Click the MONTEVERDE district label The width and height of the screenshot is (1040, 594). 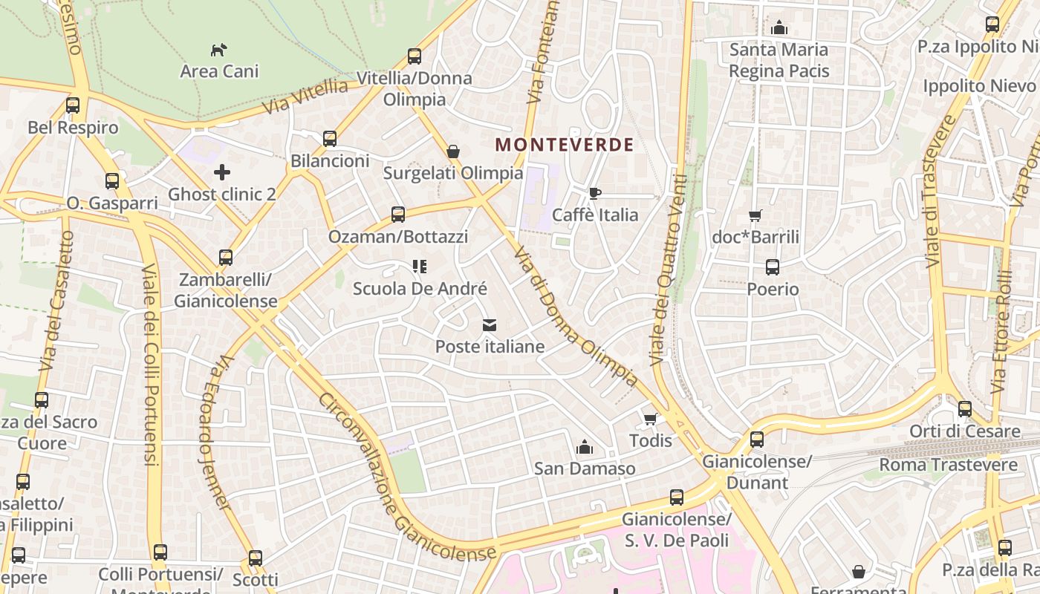point(565,145)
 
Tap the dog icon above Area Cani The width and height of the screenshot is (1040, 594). point(218,50)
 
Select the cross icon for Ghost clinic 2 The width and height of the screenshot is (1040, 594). point(221,173)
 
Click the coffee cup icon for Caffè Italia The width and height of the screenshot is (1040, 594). point(594,194)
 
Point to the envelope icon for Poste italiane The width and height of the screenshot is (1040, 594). point(490,325)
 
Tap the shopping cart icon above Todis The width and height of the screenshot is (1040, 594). point(651,420)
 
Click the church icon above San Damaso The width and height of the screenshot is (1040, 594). point(585,447)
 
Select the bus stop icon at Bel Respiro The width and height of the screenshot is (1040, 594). point(72,105)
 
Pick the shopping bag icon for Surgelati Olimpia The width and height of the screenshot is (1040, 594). point(453,152)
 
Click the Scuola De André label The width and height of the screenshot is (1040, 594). point(420,289)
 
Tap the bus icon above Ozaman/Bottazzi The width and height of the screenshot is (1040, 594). point(398,215)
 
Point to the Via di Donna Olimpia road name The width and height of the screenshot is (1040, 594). point(576,316)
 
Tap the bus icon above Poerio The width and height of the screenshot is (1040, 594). point(773,267)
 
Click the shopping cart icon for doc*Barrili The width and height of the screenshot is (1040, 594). point(755,216)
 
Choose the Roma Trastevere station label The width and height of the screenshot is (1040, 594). point(949,465)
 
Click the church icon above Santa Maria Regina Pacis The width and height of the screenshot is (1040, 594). point(779,28)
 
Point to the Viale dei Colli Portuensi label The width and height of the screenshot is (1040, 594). point(151,364)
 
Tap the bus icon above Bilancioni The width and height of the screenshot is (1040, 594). point(330,139)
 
